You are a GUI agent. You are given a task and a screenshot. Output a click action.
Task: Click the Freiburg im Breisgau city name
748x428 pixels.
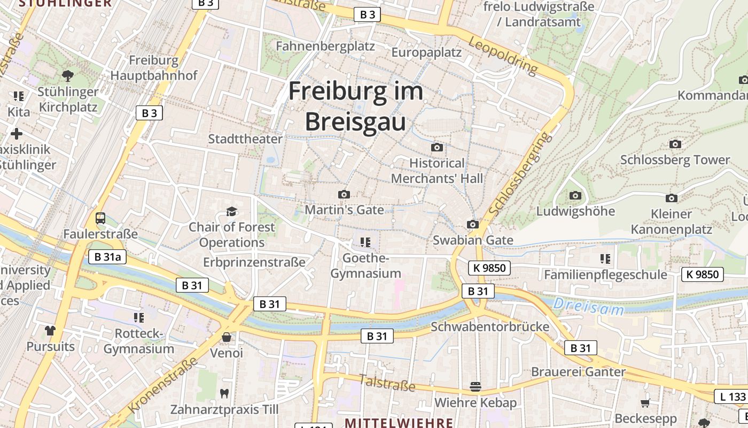click(355, 106)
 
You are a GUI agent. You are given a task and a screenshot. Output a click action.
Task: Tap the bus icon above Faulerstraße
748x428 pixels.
click(100, 218)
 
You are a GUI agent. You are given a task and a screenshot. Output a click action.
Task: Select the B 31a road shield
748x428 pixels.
click(107, 257)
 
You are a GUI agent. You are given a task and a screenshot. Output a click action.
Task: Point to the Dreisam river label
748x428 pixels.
click(588, 307)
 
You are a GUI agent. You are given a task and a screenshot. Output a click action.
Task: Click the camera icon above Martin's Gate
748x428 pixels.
click(344, 194)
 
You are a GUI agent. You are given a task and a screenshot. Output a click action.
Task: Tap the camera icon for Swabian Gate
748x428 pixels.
click(473, 224)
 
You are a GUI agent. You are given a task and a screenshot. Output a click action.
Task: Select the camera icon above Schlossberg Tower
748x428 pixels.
click(675, 144)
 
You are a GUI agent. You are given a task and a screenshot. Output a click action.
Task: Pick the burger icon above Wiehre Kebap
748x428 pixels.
click(476, 386)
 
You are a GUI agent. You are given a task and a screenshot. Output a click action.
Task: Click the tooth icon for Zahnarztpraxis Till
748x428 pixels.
click(224, 393)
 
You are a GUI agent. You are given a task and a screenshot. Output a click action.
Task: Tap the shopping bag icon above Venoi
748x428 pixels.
click(227, 337)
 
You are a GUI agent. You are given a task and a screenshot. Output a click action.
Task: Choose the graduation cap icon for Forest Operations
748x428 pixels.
click(231, 211)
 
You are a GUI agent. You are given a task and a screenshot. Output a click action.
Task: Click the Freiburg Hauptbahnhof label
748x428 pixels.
click(154, 67)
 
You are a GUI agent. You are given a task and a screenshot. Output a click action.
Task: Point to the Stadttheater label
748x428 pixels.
click(245, 139)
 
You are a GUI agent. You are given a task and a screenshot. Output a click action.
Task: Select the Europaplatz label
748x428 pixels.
click(426, 52)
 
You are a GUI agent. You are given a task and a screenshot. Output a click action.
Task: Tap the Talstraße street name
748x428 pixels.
click(387, 382)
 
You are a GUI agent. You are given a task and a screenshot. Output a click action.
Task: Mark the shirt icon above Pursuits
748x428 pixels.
click(50, 331)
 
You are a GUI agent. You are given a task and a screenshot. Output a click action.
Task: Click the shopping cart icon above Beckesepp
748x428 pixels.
click(645, 403)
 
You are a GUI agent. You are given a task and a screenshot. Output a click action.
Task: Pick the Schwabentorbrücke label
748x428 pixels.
click(490, 326)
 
